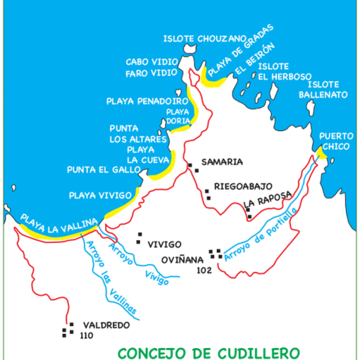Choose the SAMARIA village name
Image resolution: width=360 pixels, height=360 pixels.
[x=222, y=162]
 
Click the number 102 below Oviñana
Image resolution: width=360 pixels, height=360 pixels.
[x=205, y=270]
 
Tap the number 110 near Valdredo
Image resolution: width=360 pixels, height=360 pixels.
[x=88, y=335]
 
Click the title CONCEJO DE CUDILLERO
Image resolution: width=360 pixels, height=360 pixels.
[x=208, y=352]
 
